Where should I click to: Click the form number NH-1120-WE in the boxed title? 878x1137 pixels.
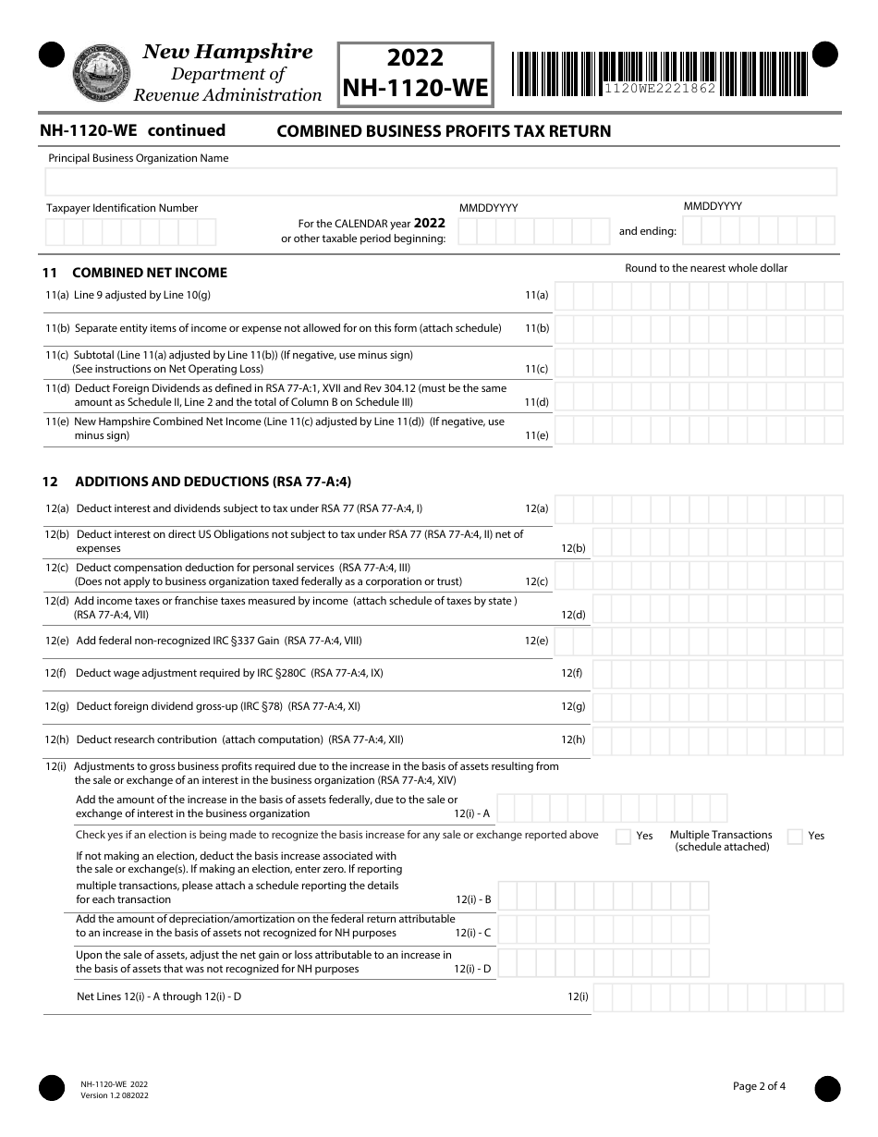[414, 89]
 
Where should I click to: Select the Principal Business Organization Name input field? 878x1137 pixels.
[442, 182]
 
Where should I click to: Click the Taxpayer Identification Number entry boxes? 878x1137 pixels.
[130, 231]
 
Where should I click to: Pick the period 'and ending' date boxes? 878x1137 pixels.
[759, 230]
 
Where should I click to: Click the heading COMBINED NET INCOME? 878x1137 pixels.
[150, 273]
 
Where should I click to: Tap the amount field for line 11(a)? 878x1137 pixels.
[699, 296]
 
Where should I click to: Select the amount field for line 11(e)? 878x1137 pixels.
[699, 430]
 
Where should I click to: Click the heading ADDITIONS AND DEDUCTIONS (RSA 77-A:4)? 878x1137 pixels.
[213, 482]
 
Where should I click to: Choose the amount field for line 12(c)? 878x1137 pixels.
[699, 575]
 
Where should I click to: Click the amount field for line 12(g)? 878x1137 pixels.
[717, 707]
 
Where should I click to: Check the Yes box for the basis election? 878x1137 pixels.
[624, 837]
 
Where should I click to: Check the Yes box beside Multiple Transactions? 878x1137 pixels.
[795, 837]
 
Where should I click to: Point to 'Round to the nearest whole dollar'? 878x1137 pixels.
[706, 268]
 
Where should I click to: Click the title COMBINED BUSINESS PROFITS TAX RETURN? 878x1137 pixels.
[445, 131]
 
